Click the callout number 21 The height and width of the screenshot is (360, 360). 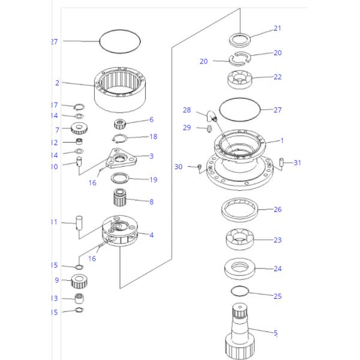277,28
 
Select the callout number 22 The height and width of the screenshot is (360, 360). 277,77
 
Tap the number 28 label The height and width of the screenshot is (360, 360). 187,110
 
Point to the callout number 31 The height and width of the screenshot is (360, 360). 298,163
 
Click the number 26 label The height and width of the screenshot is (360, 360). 277,209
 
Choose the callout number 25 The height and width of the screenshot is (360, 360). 277,296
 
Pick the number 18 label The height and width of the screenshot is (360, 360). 153,137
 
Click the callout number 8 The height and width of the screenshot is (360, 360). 151,202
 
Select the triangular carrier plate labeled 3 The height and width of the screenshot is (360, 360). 121,158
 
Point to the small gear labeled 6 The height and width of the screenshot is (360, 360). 122,124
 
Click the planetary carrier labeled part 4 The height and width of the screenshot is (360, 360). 119,230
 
